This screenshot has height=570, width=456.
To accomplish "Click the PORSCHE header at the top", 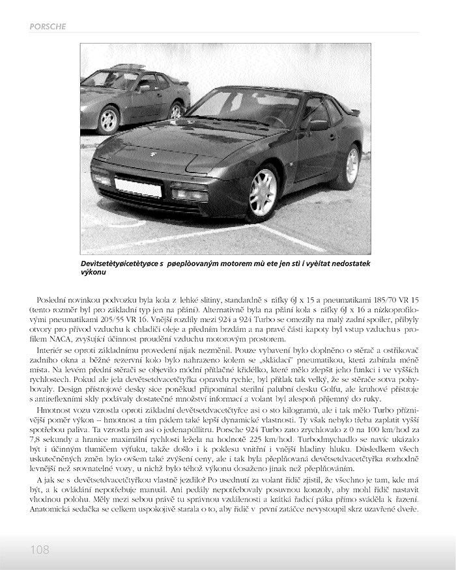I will (48, 26).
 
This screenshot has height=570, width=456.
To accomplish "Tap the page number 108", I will (40, 550).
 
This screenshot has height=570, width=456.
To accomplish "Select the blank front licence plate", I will (138, 187).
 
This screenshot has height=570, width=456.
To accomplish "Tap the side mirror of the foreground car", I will (318, 124).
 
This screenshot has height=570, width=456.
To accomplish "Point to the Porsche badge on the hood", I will (153, 155).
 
